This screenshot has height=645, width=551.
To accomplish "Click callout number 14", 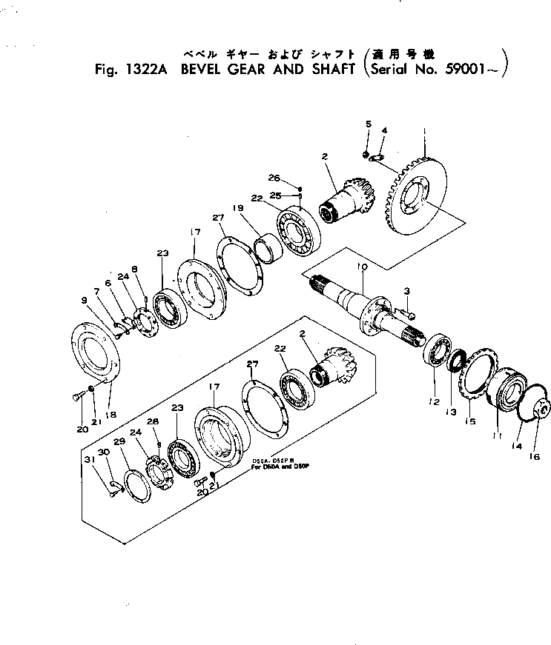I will point(517,446).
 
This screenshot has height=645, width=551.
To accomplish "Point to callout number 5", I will point(367,124).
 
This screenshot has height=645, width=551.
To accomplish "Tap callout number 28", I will point(155,421).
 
